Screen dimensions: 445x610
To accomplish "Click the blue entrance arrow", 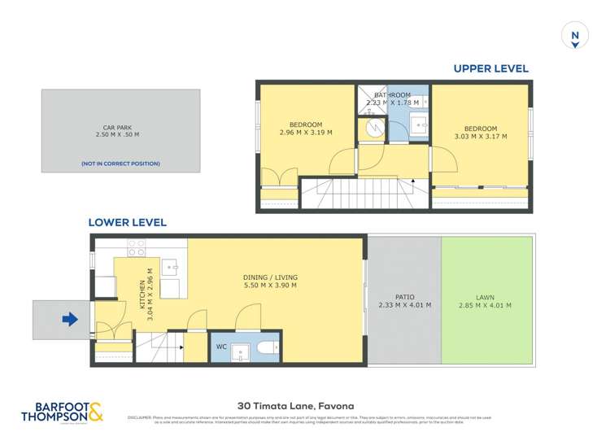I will click(70, 320).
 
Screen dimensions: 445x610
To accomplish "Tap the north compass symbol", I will click(575, 36).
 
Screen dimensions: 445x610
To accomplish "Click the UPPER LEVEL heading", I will click(491, 69).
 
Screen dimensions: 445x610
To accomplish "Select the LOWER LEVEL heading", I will click(128, 222).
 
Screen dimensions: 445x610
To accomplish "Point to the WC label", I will click(220, 347).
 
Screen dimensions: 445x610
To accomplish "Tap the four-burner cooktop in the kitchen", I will click(136, 247).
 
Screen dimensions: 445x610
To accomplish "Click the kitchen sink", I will click(170, 266).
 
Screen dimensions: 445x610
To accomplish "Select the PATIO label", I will click(403, 296).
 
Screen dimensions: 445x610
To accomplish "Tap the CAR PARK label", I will click(120, 127).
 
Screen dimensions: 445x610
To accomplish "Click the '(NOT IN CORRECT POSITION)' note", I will click(120, 164).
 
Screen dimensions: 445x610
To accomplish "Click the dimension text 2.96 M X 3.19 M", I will click(305, 133).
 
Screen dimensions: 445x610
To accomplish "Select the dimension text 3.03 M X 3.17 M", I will click(480, 137).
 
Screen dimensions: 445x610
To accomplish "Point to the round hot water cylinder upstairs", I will click(373, 128).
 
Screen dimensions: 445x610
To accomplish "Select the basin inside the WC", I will click(239, 350).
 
